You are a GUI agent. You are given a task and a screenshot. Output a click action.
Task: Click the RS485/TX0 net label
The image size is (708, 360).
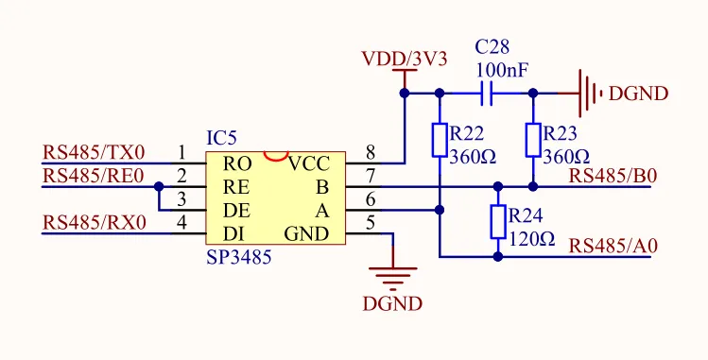click(x=94, y=152)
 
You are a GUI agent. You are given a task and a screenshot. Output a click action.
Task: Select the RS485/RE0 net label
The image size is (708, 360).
click(x=93, y=176)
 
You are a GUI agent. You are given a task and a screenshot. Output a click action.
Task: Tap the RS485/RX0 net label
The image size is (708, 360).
click(x=94, y=223)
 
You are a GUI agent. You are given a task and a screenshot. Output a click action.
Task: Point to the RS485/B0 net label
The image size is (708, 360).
click(x=613, y=175)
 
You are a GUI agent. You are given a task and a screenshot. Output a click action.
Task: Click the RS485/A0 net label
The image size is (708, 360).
click(x=613, y=246)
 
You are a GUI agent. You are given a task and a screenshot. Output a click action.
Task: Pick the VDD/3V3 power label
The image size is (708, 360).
click(x=405, y=59)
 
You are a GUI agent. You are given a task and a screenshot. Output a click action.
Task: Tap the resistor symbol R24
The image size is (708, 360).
click(x=498, y=223)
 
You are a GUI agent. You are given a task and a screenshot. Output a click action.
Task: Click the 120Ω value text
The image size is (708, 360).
click(x=532, y=239)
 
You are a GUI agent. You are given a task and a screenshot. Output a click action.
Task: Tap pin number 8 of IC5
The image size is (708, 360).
click(x=370, y=152)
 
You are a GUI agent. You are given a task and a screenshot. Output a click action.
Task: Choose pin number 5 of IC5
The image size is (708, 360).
click(x=370, y=223)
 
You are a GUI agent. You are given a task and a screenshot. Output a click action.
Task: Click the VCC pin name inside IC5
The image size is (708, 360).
click(x=309, y=163)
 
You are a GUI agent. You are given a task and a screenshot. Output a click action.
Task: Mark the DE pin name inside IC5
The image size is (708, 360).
click(x=236, y=210)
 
